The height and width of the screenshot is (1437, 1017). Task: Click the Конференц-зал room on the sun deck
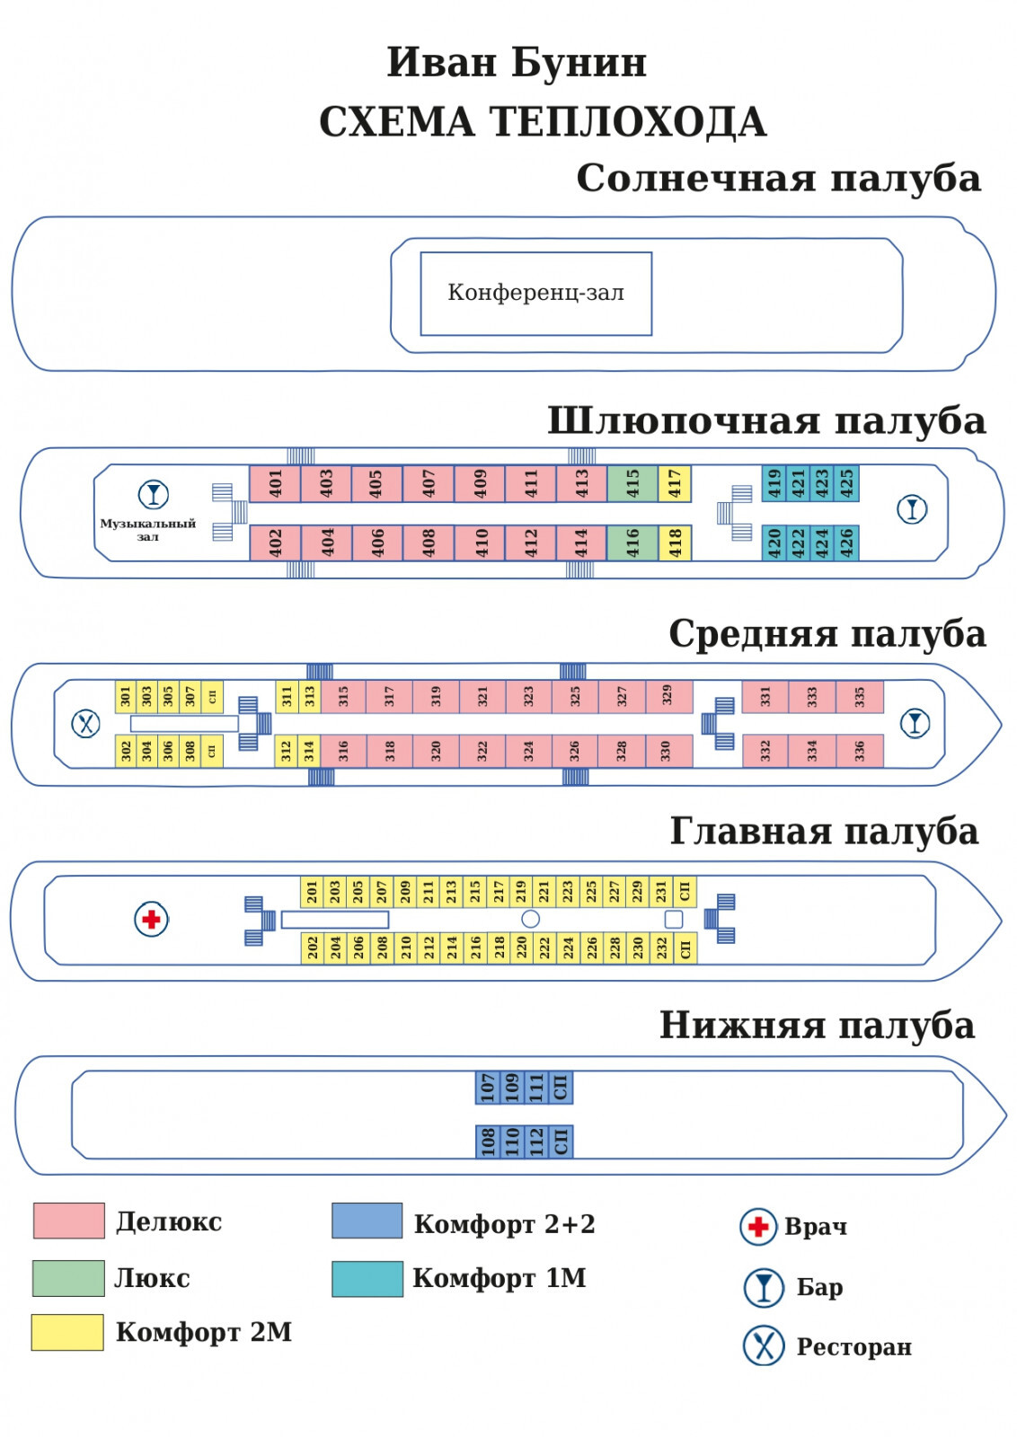[535, 294]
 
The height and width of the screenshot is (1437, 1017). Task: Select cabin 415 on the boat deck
[632, 483]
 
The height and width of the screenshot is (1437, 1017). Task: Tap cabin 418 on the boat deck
[676, 542]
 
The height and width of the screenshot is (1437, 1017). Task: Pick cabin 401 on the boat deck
[275, 483]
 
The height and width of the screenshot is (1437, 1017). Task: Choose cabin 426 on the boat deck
[846, 542]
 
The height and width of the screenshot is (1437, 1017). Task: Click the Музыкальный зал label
[147, 529]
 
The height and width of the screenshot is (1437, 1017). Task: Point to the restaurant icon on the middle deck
[85, 723]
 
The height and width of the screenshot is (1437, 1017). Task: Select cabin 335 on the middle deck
[859, 696]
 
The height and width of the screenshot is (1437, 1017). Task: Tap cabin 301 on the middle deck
[125, 696]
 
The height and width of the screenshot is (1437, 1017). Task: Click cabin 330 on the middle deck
[666, 751]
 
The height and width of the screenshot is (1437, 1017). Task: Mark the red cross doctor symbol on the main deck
[151, 919]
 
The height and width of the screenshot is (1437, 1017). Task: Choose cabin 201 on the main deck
[312, 891]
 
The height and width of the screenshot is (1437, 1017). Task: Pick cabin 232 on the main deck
[661, 948]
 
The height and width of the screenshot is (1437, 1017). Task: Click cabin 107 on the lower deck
[487, 1087]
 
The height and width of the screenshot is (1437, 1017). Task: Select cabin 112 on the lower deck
[536, 1142]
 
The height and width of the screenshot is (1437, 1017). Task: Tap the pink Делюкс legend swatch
[68, 1221]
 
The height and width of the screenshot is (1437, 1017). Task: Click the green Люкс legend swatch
[68, 1277]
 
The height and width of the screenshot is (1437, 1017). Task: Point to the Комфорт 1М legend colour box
[367, 1278]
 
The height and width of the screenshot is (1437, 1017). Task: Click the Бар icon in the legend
[764, 1287]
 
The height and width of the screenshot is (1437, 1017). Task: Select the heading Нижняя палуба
[817, 1025]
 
